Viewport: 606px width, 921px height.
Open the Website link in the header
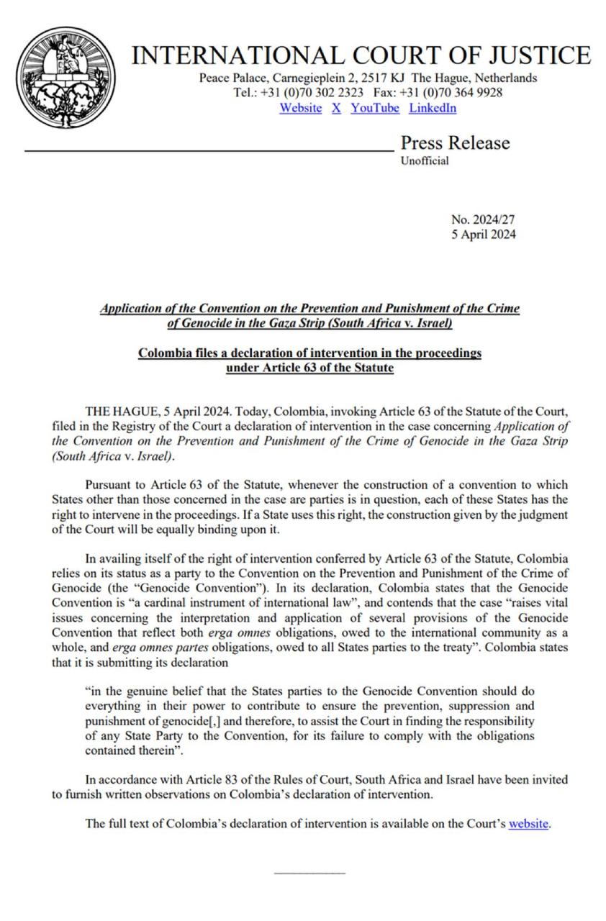300,108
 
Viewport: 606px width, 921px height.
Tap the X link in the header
336,108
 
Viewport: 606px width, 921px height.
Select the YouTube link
374,108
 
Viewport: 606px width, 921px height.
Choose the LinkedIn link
433,108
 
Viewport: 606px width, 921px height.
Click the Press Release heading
454,142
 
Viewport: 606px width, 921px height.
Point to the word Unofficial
425,160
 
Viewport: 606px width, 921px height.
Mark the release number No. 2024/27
483,220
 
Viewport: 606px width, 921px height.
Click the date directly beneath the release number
483,235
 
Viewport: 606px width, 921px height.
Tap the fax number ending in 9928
461,93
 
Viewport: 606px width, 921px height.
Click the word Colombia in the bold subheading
163,353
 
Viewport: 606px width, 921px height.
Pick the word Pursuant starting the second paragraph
109,484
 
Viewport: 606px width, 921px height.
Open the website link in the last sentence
528,823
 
